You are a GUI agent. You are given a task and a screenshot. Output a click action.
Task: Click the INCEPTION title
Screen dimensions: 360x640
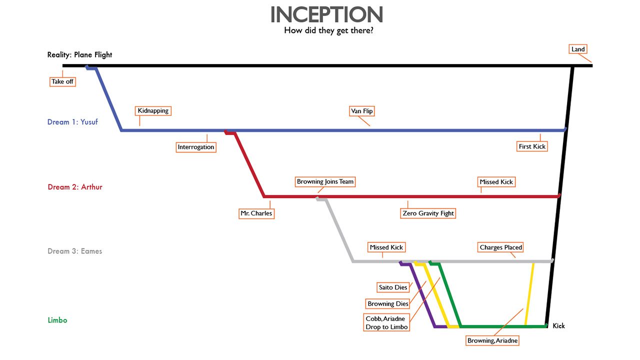click(326, 15)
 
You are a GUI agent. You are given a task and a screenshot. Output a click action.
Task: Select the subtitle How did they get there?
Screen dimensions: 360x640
click(328, 30)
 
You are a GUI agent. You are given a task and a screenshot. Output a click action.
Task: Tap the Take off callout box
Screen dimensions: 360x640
click(62, 81)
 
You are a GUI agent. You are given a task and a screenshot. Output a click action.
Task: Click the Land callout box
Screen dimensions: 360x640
click(578, 49)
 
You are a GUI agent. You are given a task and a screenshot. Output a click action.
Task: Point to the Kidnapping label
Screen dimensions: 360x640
click(153, 110)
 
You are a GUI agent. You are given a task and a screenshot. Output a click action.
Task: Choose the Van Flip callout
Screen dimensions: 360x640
click(361, 111)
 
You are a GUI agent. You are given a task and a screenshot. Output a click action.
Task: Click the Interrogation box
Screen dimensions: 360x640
click(196, 147)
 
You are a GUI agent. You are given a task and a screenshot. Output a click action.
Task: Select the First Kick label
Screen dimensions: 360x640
click(532, 146)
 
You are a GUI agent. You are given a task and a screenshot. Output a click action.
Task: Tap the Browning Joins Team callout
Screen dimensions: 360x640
click(325, 181)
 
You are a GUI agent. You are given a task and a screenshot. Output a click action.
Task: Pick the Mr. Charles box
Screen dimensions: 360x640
click(256, 213)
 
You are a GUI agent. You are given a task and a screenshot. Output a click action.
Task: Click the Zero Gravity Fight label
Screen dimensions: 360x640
click(428, 213)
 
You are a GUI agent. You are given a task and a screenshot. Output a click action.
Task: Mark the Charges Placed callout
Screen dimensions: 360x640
click(500, 247)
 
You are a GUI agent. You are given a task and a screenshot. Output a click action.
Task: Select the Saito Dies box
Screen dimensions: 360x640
click(393, 287)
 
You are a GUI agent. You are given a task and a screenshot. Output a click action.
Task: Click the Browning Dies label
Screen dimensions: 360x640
click(388, 303)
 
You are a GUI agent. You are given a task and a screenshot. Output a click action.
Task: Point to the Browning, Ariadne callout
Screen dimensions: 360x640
click(492, 341)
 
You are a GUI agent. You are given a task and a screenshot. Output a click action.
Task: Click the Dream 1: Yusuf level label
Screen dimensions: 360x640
click(73, 122)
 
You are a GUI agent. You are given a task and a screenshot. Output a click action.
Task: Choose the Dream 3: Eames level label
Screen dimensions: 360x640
click(75, 251)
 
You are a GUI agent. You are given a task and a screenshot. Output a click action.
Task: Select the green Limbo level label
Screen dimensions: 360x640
click(57, 320)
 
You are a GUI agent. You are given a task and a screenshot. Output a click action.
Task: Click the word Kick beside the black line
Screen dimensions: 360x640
click(558, 326)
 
